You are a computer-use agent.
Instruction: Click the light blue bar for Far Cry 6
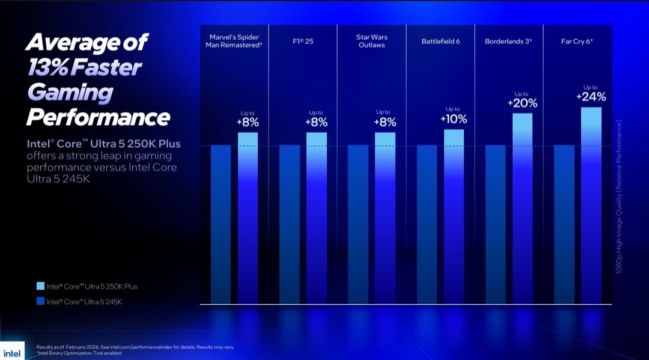591,204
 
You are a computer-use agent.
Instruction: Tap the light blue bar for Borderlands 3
522,207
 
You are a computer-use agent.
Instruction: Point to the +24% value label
591,96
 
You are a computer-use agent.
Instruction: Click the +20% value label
522,103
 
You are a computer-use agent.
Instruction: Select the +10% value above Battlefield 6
454,118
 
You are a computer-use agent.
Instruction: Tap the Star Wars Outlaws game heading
371,41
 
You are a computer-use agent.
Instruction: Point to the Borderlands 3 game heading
509,41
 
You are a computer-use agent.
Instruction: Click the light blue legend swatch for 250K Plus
40,286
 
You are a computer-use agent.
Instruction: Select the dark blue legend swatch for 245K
40,301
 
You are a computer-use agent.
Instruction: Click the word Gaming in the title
70,92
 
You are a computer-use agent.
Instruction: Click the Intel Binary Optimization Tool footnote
79,353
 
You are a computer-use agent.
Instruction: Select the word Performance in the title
98,117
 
